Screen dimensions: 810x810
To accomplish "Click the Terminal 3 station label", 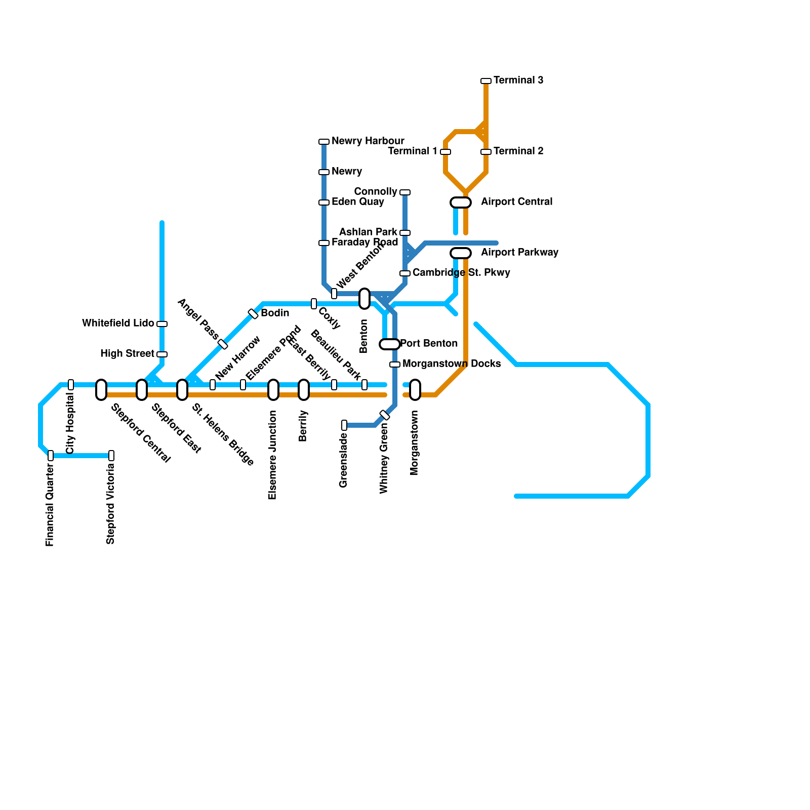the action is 518,80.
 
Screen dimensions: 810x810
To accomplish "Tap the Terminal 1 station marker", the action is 445,152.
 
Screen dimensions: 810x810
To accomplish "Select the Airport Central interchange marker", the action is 461,202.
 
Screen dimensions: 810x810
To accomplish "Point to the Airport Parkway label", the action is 519,253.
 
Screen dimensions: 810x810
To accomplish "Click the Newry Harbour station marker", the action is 324,142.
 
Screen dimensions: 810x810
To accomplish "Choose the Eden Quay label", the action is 357,202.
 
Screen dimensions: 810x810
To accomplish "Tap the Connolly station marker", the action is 405,192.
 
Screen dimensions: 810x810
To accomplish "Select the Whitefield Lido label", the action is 118,323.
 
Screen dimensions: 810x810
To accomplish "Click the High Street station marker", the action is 162,354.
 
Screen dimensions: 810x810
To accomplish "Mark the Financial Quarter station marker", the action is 51,456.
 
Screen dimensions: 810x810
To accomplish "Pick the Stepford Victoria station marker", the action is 111,456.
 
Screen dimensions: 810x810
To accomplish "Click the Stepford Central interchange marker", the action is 101,390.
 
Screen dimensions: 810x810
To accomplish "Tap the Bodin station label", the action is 275,313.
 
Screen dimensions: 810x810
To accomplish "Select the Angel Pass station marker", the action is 223,344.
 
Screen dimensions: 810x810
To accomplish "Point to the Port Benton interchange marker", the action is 390,344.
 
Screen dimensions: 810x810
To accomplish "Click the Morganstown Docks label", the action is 452,364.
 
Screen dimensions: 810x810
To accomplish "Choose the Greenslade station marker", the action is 344,425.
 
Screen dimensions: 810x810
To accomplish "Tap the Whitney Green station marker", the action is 385,415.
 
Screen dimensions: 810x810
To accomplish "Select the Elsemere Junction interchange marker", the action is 273,390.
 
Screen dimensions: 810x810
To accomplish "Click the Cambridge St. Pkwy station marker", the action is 405,273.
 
